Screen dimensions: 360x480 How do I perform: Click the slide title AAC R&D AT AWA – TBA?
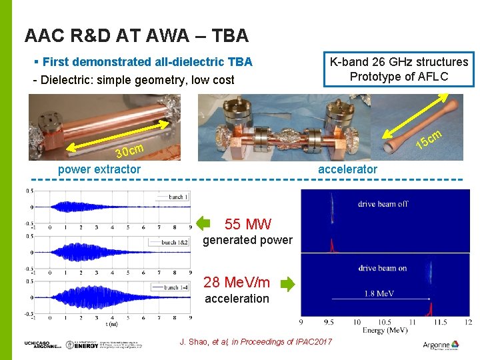pyautogui.click(x=136, y=35)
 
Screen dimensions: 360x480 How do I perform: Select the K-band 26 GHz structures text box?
pyautogui.click(x=399, y=69)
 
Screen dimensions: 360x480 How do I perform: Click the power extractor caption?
pyautogui.click(x=99, y=169)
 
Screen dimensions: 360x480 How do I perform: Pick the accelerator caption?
pyautogui.click(x=347, y=169)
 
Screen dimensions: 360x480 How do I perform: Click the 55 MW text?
pyautogui.click(x=248, y=224)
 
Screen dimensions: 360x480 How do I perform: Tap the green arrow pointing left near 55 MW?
pyautogui.click(x=204, y=224)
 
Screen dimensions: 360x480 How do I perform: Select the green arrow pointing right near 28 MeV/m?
pyautogui.click(x=287, y=285)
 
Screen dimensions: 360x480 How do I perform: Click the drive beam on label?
pyautogui.click(x=382, y=267)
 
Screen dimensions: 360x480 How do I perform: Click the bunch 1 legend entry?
pyautogui.click(x=178, y=197)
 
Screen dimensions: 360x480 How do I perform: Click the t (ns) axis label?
pyautogui.click(x=113, y=325)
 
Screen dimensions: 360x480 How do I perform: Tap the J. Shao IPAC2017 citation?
pyautogui.click(x=256, y=342)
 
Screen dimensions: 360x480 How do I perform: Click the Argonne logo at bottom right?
pyautogui.click(x=441, y=345)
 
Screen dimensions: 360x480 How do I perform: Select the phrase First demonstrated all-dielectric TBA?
pyautogui.click(x=147, y=62)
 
